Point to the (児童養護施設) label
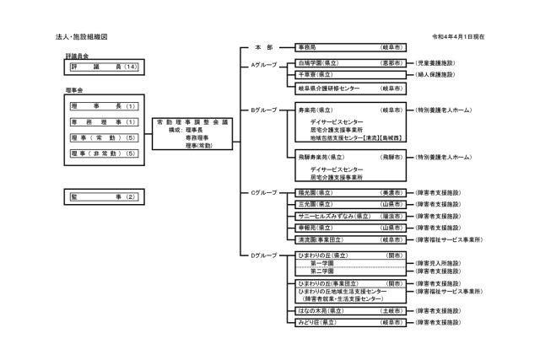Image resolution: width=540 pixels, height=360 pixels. tap(441, 62)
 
